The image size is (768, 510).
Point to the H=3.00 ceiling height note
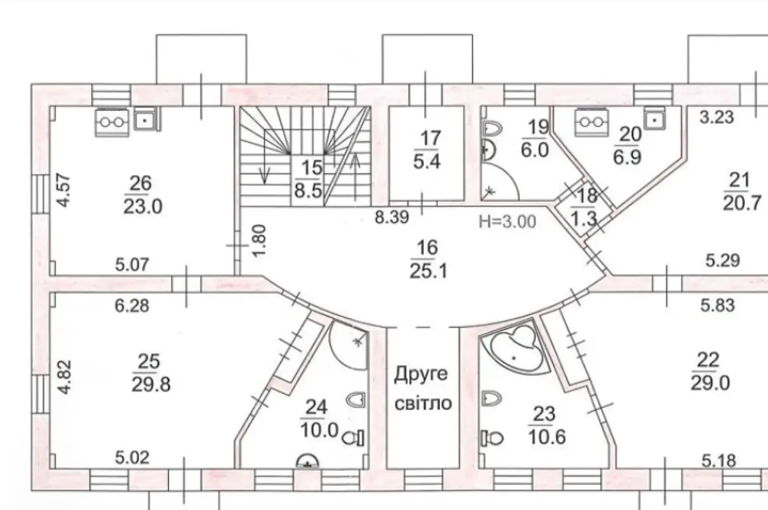507,222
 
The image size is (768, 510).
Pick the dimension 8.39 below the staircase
392,217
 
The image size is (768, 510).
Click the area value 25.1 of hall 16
428,272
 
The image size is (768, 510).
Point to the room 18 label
587,196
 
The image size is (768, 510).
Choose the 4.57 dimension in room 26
64,190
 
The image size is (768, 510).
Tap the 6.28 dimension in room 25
132,306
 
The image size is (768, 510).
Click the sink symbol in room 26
145,120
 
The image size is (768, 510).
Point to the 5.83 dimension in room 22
717,306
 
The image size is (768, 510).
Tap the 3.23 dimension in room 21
716,117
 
